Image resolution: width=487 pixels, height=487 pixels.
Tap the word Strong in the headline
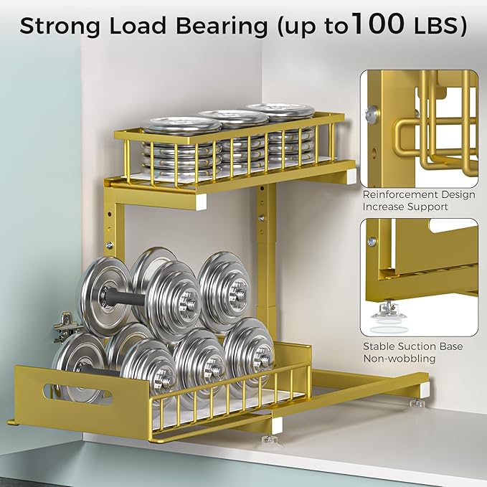click(x=60, y=26)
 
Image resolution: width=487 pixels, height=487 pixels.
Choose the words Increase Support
click(x=405, y=207)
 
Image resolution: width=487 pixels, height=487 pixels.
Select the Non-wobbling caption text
click(x=399, y=359)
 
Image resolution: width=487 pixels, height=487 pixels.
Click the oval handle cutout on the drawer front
click(x=77, y=394)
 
